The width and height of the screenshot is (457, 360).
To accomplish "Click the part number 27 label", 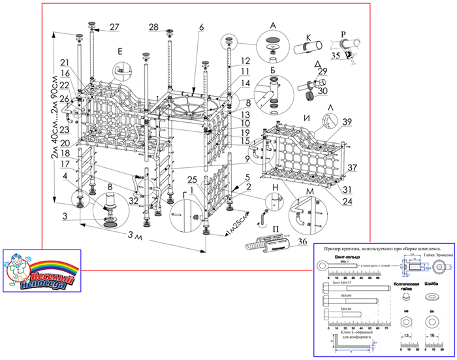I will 114,27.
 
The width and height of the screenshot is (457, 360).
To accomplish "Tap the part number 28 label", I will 153,27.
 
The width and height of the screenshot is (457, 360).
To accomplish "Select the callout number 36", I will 302,242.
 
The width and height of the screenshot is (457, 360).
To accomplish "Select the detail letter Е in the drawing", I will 119,50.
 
